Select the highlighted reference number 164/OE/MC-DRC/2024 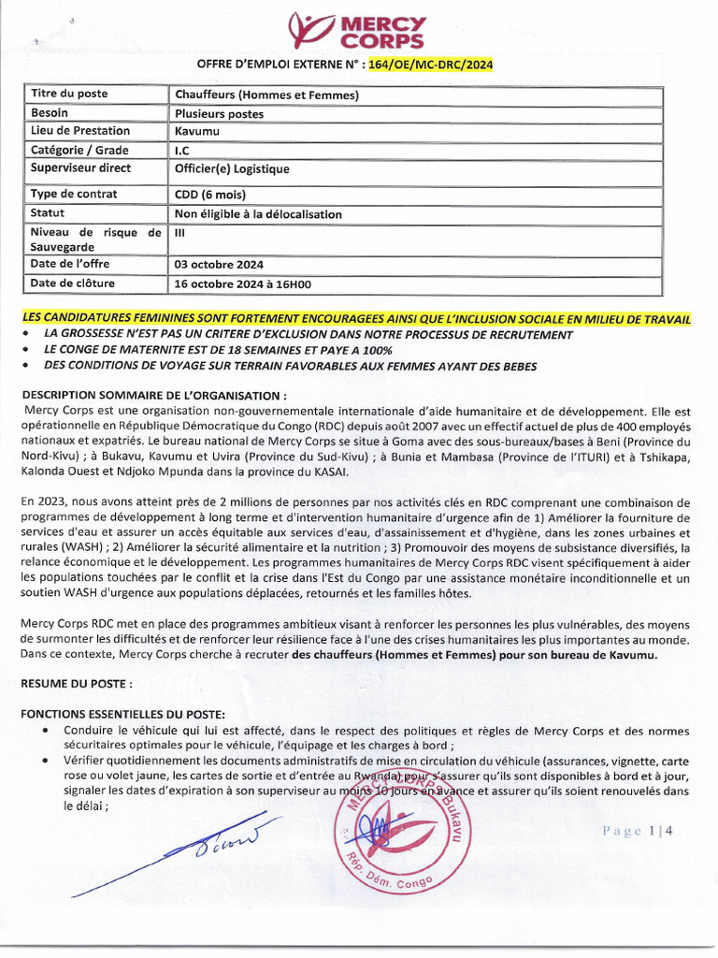(431, 65)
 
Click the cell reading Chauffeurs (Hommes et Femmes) (266, 94)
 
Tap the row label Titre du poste (69, 94)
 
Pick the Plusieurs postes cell (219, 114)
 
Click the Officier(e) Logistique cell (232, 169)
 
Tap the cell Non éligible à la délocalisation (258, 214)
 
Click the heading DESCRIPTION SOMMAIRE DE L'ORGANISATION (154, 394)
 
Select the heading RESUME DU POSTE (83, 684)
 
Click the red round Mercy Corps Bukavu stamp (398, 827)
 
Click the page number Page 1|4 (638, 831)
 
